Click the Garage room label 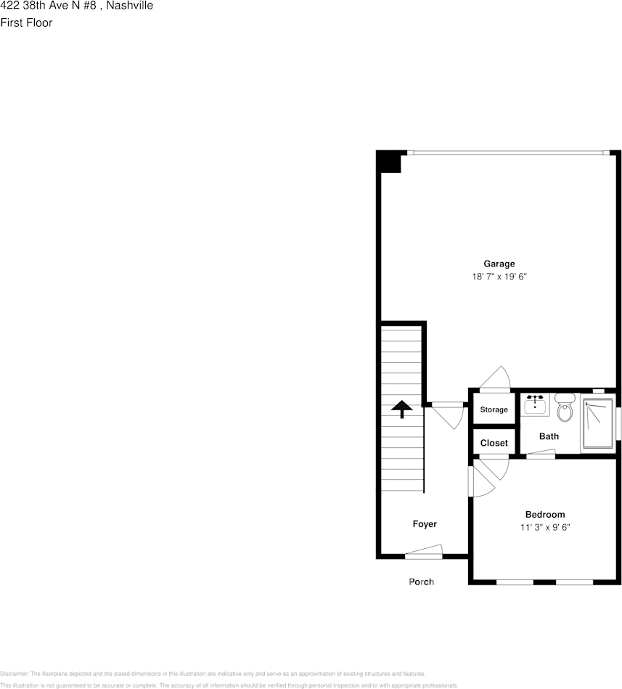pos(499,264)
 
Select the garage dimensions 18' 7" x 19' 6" pos(499,277)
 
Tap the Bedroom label pos(544,515)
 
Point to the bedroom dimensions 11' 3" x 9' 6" pos(544,528)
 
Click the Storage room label pos(494,410)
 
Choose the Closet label pos(494,443)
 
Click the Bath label pos(549,436)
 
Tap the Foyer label pos(425,524)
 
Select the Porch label pos(421,582)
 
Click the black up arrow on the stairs pos(399,409)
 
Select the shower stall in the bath pos(597,425)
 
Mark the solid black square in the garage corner pos(389,161)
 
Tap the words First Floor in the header pos(26,23)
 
